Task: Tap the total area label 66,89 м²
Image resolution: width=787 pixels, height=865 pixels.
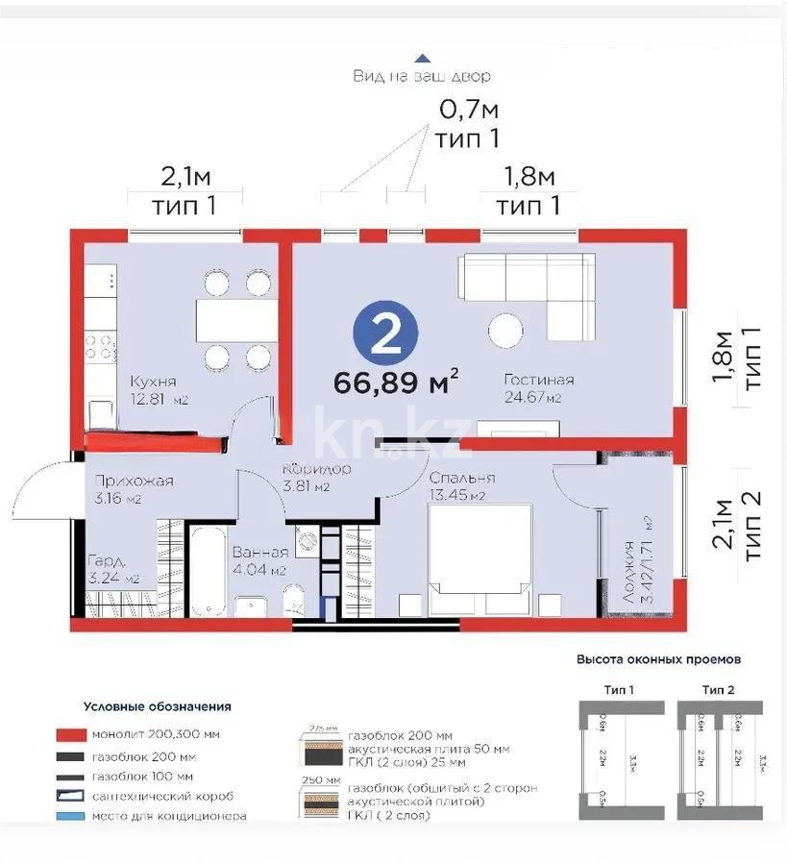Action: point(395,383)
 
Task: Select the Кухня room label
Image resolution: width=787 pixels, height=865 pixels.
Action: point(153,382)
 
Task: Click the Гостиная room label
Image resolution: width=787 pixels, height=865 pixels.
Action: point(538,380)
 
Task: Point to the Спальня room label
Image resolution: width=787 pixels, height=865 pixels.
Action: point(461,478)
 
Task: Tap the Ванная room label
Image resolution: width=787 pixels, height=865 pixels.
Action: point(260,553)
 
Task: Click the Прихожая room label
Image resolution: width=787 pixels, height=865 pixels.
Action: point(133,482)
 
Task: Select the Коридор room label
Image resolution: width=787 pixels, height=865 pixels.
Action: point(316,469)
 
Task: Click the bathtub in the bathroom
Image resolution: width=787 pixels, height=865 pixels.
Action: point(207,571)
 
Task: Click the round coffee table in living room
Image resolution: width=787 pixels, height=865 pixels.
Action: point(506,332)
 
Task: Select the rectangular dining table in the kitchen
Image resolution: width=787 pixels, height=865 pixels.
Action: point(231,320)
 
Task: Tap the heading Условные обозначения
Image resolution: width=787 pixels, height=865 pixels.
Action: point(157,706)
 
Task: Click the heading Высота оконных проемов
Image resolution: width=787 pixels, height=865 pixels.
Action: point(658,660)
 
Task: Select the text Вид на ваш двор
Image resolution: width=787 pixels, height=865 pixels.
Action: point(422,76)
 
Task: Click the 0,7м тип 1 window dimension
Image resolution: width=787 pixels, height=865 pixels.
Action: point(468,123)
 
